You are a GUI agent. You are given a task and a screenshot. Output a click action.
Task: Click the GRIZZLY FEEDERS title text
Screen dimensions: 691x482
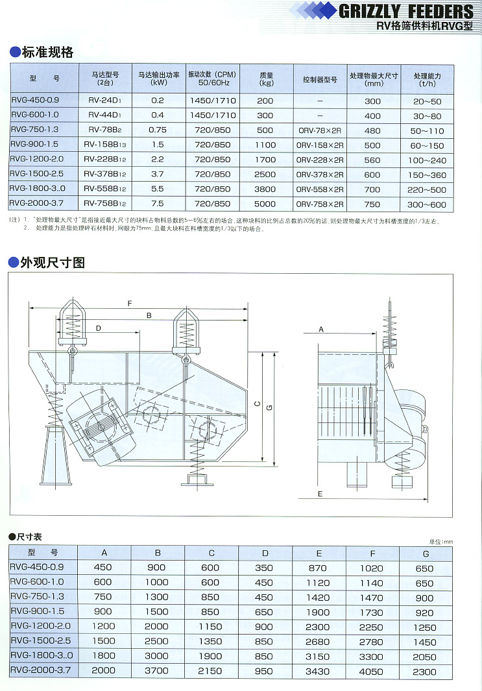coord(405,11)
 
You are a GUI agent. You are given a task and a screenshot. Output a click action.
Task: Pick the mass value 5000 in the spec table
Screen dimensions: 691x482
coord(265,204)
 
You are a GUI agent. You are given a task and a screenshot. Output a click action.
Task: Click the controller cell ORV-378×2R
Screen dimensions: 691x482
coord(320,175)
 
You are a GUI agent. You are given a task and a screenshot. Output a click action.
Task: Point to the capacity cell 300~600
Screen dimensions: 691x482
coord(427,204)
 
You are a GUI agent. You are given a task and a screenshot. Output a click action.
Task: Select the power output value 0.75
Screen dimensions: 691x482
coord(158,130)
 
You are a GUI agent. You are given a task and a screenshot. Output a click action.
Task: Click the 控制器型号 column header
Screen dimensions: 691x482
coord(320,79)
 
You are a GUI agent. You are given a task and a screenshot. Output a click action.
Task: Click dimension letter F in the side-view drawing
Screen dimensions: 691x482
coord(130,303)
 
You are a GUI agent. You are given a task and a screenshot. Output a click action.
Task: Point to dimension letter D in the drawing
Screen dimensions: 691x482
coord(99,328)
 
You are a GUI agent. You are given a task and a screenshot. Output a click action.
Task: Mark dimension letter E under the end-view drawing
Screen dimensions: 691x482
coord(320,494)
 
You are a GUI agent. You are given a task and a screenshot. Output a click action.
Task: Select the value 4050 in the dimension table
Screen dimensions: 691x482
coord(372,671)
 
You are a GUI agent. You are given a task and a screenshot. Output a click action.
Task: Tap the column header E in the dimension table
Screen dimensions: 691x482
coord(319,553)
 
